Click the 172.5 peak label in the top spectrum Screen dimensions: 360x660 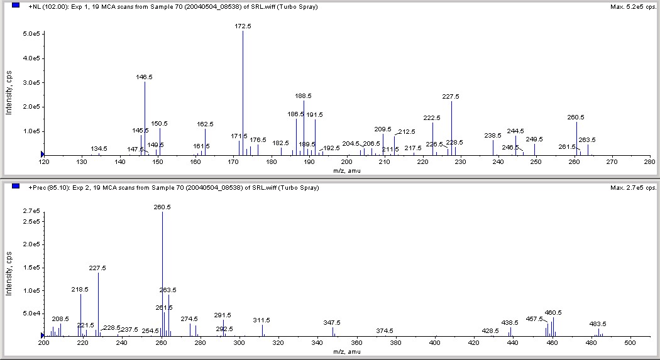click(x=243, y=26)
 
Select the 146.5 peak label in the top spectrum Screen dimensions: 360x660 click(x=144, y=77)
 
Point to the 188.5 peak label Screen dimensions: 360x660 click(x=304, y=96)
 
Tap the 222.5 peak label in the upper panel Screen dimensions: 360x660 click(x=432, y=118)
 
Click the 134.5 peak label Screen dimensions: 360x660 click(x=99, y=148)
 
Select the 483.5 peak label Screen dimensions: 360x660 click(x=598, y=324)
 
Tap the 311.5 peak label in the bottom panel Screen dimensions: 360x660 click(x=261, y=320)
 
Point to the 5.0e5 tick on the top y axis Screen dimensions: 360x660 click(x=31, y=33)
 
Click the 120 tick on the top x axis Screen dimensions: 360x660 click(x=44, y=162)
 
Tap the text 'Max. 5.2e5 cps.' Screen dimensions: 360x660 click(x=633, y=7)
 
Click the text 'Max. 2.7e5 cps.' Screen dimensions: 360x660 click(x=633, y=188)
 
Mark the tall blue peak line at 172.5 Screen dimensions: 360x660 click(x=243, y=94)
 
